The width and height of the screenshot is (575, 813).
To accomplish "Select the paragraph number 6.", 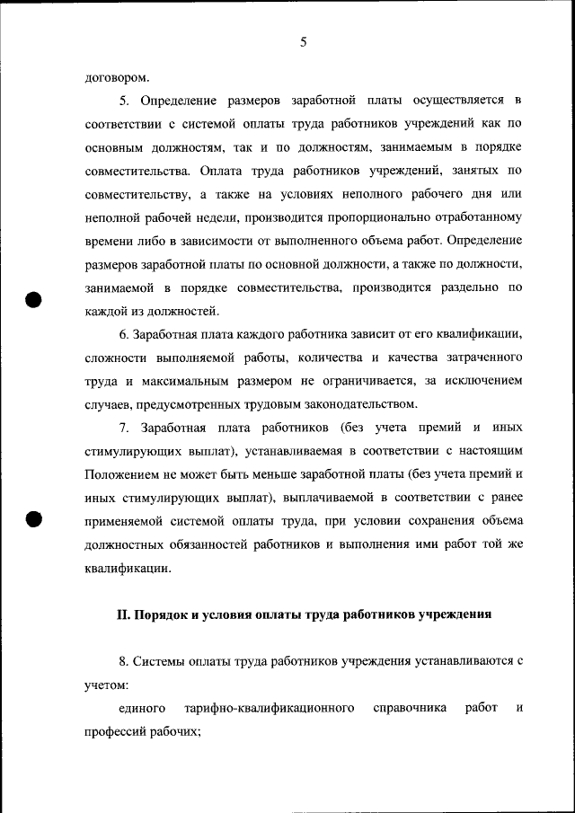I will point(123,334).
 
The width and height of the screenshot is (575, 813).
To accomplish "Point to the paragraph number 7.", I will point(123,428).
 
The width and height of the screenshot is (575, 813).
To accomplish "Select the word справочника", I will point(410,708).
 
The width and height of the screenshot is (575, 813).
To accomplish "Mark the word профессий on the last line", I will point(117,731).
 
